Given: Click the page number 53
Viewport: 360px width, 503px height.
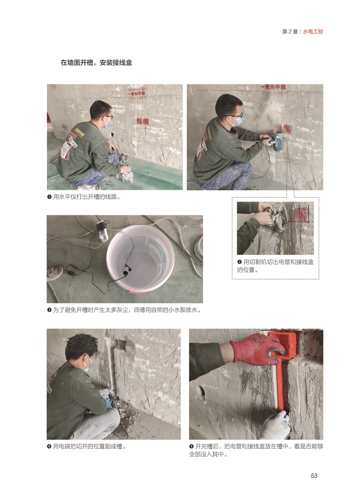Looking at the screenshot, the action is pos(314,475).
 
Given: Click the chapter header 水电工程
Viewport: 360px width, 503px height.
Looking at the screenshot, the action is pos(313,31).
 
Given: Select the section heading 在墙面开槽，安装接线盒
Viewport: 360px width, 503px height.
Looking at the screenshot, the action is pos(96,63).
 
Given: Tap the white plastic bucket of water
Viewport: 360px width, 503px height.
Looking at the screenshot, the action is pos(140,258).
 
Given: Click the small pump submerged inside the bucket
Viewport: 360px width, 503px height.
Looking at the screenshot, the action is pos(127,270).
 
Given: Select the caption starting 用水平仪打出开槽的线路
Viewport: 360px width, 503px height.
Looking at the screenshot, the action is pos(84,197).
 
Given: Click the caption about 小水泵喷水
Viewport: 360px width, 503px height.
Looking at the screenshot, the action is pos(124,310).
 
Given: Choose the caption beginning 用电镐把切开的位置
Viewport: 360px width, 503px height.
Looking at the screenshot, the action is pos(87,446).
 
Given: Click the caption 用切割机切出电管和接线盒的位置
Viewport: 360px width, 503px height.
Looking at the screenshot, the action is pos(275,266).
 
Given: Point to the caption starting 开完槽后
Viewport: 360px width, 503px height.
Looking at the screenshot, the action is pos(256,450).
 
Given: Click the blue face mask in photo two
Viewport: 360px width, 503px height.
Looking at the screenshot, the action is pos(236,122).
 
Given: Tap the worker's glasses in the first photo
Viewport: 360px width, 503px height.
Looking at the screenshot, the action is pos(108,117).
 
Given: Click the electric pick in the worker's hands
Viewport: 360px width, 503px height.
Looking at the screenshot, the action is pos(109,398).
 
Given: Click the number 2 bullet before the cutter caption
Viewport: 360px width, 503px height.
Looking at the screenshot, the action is pos(239,262).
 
